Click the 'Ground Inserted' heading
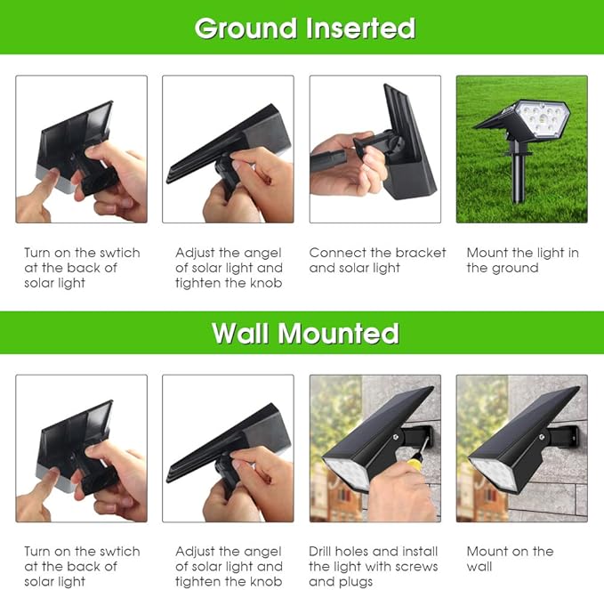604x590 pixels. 304,28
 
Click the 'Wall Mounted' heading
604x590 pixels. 304,333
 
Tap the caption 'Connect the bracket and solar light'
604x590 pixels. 377,260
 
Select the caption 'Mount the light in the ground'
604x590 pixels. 522,260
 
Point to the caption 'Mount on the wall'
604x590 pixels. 510,559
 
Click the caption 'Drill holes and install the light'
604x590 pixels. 373,566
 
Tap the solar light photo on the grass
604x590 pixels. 521,149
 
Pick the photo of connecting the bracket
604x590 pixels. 374,149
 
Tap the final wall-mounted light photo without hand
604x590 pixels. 521,448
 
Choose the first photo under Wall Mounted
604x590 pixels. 81,448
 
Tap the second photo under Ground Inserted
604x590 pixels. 228,149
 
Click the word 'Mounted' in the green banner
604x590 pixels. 339,333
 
